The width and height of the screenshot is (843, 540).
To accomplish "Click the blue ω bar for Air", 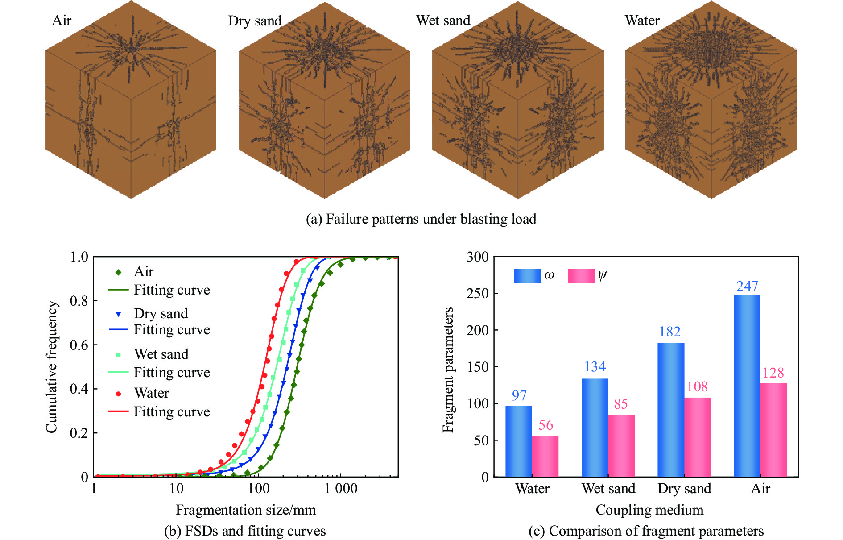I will tap(747, 386).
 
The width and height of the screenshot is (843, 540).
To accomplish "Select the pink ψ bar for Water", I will tap(545, 456).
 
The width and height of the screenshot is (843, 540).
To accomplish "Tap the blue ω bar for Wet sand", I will tap(595, 428).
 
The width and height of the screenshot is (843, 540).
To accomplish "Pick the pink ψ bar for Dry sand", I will tap(698, 437).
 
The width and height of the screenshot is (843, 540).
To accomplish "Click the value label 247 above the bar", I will tap(747, 286).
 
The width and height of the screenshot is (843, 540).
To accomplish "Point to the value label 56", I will tap(545, 425).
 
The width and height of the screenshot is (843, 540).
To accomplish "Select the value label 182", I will tap(669, 332).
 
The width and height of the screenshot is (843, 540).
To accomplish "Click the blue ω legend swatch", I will tap(527, 276).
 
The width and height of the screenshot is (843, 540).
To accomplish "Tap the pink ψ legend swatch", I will tap(581, 276).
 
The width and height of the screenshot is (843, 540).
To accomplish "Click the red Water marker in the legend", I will tap(118, 394).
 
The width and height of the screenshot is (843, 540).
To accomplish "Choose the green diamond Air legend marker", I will tap(118, 272).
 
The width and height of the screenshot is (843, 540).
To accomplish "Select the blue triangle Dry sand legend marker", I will tap(118, 314).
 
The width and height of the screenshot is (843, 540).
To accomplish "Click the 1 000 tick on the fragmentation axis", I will tap(341, 488).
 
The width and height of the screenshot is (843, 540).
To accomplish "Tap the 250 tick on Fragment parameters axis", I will tap(477, 293).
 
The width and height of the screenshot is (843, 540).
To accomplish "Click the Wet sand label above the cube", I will tap(443, 21).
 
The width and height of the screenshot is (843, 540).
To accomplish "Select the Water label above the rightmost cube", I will tap(642, 21).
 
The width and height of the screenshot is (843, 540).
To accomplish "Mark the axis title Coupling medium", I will tap(649, 510).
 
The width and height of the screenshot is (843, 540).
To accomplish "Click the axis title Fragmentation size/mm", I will tap(245, 510).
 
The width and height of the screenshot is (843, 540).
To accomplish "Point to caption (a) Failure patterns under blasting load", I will tap(421, 219).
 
